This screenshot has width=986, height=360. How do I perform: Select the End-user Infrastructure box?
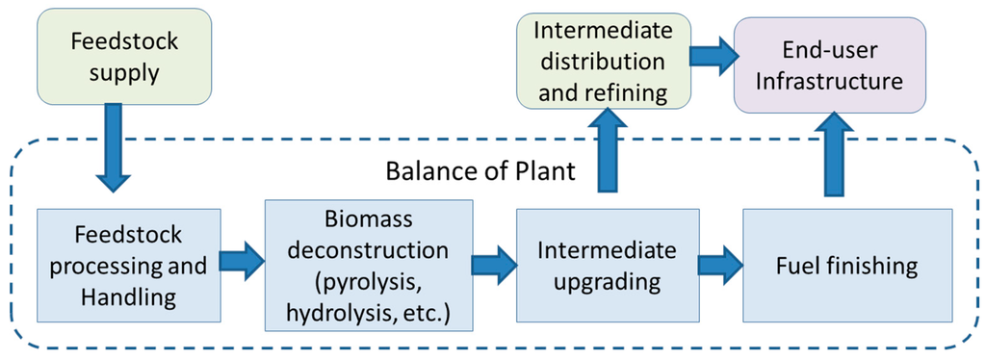(829, 65)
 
